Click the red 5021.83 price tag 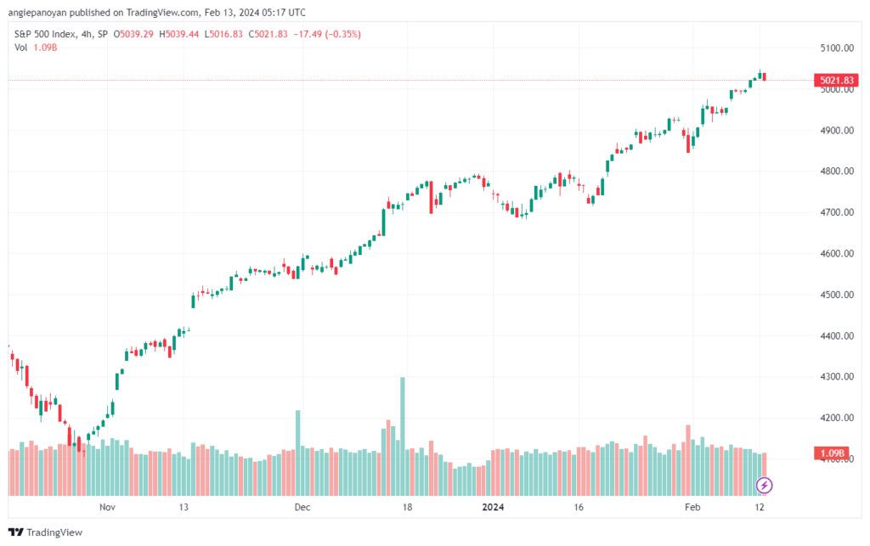(836, 81)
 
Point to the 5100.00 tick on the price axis (837, 48)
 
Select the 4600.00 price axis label (837, 253)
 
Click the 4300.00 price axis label (837, 376)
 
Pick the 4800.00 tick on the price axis (837, 172)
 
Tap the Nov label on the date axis (107, 507)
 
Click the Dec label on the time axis (302, 507)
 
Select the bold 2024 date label (493, 507)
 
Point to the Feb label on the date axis (692, 507)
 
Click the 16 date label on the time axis (579, 507)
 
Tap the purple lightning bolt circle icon (764, 486)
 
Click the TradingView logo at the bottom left (46, 532)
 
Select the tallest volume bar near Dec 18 (403, 436)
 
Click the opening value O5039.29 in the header (133, 34)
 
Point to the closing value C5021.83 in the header (268, 34)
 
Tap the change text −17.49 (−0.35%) (327, 34)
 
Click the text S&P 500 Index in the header (45, 34)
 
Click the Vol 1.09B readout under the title (36, 48)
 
